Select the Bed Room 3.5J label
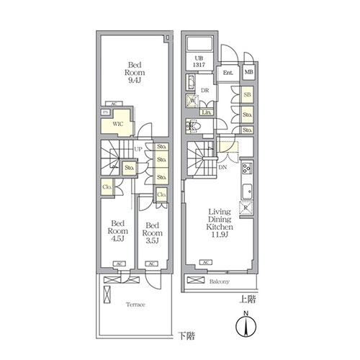pos(152,232)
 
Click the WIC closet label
pos(118,124)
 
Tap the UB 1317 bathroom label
pos(199,62)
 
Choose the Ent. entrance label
pos(228,73)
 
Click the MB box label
pos(248,73)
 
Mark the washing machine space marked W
pos(192,101)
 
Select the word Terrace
pos(135,305)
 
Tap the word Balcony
pos(220,282)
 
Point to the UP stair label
pos(137,149)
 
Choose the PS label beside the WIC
pos(105,112)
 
